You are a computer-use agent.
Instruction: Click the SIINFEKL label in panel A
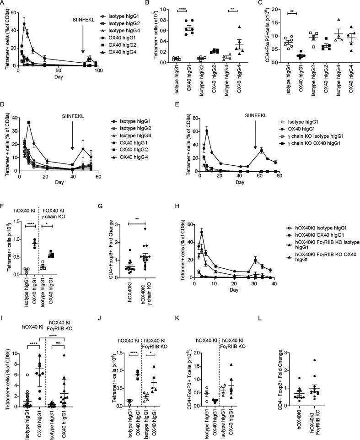pyautogui.click(x=83, y=33)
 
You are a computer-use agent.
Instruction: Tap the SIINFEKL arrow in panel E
pyautogui.click(x=255, y=141)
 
